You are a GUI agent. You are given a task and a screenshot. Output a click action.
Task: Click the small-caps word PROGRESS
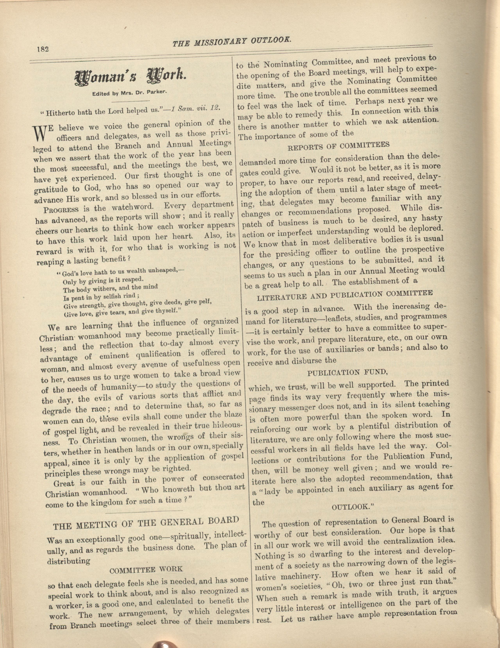pos(61,209)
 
